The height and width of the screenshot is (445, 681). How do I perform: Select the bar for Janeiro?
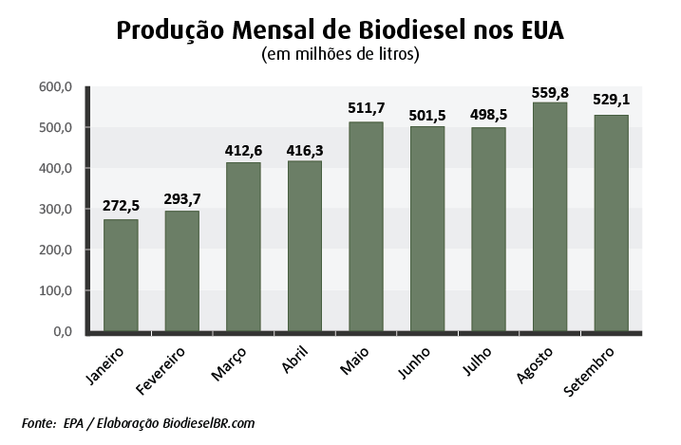tap(121, 275)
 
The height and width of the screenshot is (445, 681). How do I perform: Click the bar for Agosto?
tap(550, 217)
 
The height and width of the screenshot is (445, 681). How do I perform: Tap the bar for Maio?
tap(366, 227)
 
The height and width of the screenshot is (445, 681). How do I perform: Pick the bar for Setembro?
tap(611, 223)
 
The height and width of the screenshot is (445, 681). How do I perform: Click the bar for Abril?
tap(305, 247)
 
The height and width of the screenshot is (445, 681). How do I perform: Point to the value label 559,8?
tap(550, 93)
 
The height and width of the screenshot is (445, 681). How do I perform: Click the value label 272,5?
tap(121, 206)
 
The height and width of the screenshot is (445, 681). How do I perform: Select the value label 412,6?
tap(243, 151)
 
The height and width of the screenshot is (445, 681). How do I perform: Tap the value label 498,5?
tap(488, 115)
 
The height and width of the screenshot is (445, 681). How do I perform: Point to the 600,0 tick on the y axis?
tap(55, 87)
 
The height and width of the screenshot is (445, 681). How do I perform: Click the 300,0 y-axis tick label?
tap(55, 210)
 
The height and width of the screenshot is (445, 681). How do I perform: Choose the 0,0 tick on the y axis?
tap(63, 332)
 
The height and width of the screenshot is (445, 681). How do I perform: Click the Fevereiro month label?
tap(161, 371)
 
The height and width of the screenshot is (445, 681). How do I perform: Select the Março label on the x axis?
tap(229, 364)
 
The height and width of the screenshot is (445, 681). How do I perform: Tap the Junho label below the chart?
tap(414, 362)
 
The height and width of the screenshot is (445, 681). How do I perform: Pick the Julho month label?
tap(477, 361)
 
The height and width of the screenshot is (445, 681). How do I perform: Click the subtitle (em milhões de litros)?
tap(340, 55)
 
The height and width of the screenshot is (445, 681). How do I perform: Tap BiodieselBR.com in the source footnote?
tap(208, 423)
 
